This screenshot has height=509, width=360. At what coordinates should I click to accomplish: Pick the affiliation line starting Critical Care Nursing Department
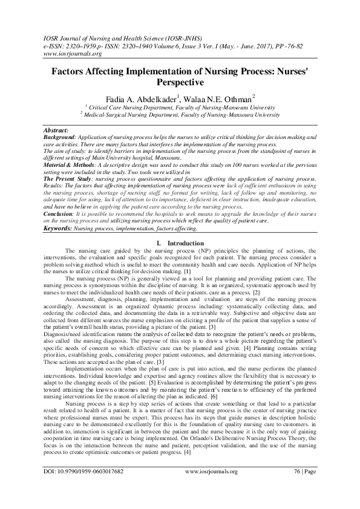coord(182,106)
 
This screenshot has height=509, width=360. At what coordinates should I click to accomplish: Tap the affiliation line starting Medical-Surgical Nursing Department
coord(182,113)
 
